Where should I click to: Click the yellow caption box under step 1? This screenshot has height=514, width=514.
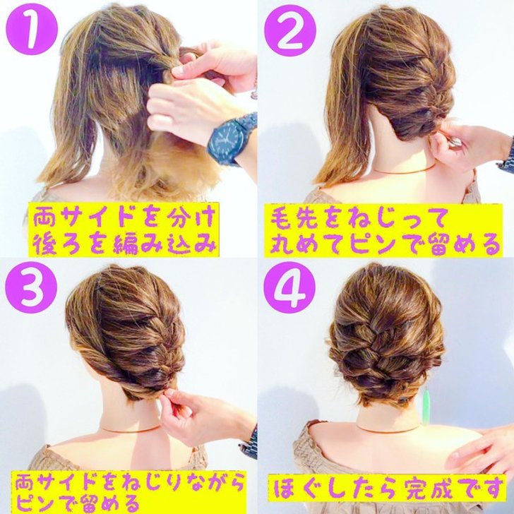[x=124, y=229]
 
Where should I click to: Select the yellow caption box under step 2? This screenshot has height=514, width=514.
[x=383, y=230]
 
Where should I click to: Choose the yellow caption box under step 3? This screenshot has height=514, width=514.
[x=128, y=492]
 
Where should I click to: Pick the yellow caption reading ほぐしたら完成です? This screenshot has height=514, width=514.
[x=385, y=488]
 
